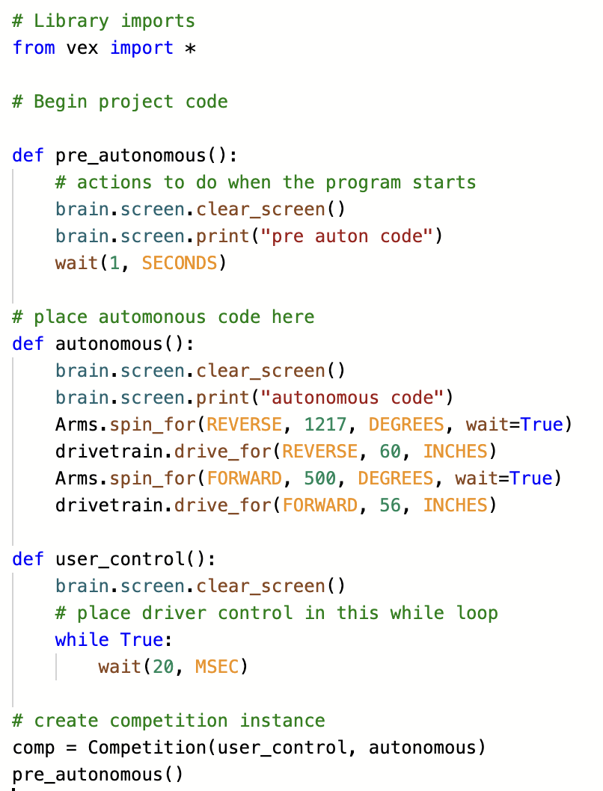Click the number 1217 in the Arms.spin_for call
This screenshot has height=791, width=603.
coord(325,424)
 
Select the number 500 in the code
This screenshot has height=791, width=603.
coord(320,478)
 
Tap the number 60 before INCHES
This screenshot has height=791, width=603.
coord(390,452)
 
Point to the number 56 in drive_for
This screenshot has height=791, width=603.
coord(390,505)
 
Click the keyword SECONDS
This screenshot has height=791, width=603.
coord(179,263)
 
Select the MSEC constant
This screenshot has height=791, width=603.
coord(216,666)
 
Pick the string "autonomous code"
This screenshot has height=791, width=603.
coord(352,398)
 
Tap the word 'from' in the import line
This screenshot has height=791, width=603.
coord(34,47)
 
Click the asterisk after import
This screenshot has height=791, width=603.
coord(190,49)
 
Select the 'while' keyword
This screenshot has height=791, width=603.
coord(82,640)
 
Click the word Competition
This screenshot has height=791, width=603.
coord(147,748)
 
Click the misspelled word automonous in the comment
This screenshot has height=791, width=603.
coord(152,317)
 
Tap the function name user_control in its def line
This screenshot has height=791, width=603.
coord(120,559)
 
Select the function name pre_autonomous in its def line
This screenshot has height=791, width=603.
coord(131,156)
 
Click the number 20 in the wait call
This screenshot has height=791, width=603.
coord(163,666)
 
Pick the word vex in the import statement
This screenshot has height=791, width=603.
coord(82,48)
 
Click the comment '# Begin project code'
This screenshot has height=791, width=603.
coord(120,102)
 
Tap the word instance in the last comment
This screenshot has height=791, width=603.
coord(283,721)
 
